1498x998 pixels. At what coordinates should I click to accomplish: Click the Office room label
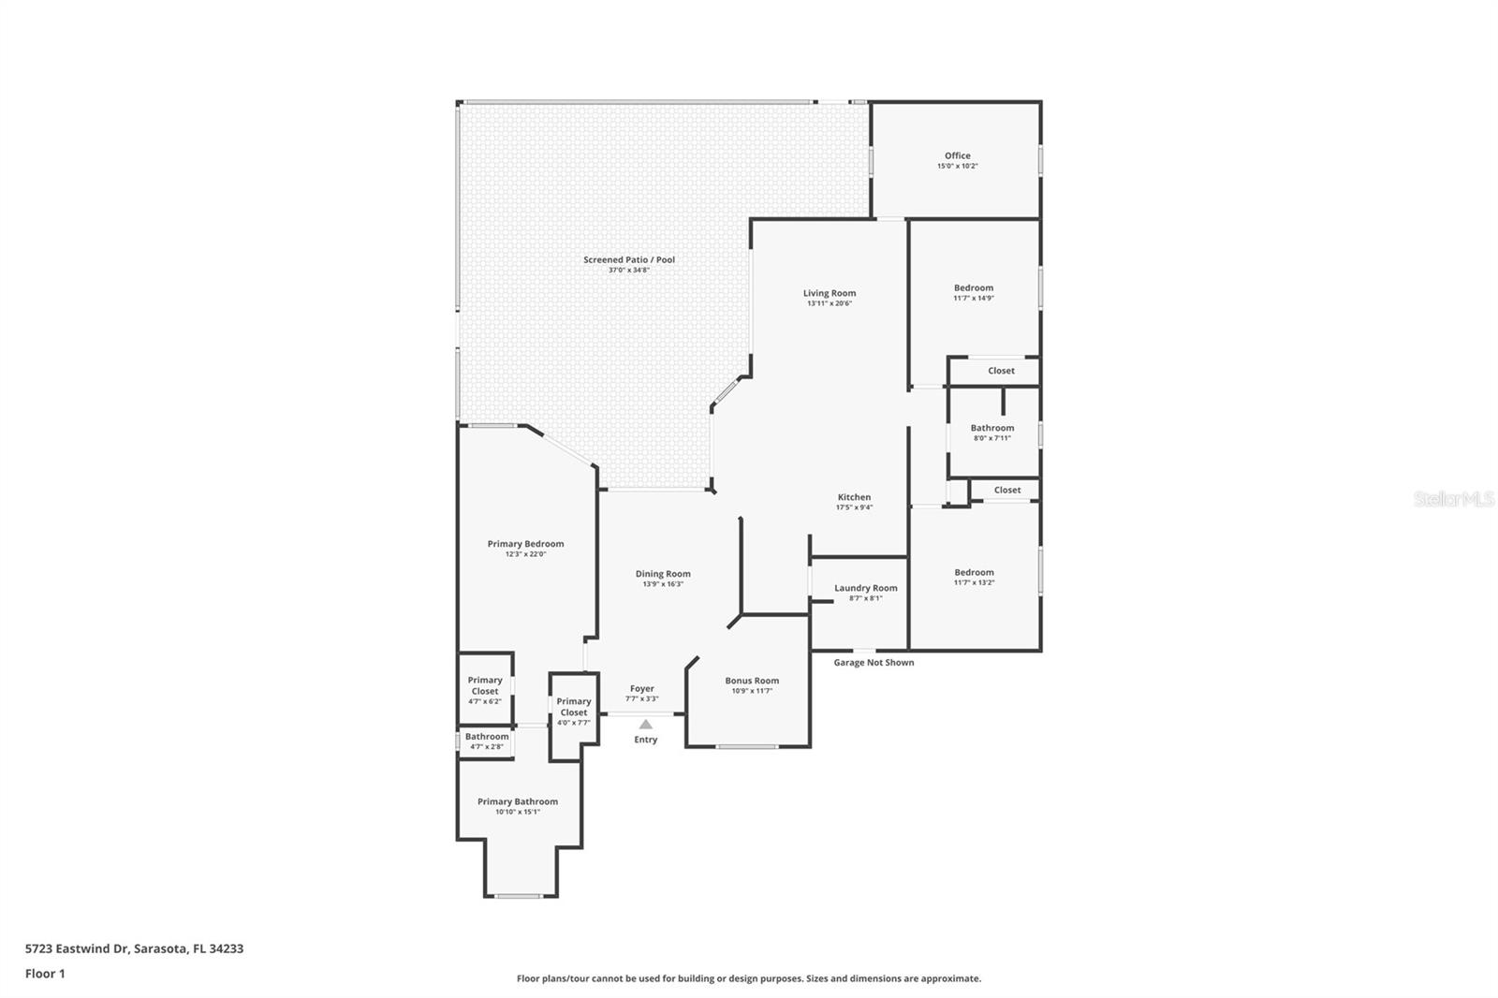point(957,156)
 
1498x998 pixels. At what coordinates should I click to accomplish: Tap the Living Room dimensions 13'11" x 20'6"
point(829,303)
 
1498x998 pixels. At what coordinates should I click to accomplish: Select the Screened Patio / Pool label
point(628,259)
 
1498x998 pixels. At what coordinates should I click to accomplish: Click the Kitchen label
point(854,497)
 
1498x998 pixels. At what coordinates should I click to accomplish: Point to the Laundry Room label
point(865,588)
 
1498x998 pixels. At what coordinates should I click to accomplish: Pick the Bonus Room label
point(752,681)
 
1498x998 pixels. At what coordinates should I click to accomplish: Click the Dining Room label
point(663,574)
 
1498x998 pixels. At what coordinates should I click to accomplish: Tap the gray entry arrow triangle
point(645,724)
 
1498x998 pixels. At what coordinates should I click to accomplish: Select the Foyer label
point(641,689)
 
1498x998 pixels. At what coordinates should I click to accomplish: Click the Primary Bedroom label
point(525,544)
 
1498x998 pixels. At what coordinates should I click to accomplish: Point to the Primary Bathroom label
point(517,801)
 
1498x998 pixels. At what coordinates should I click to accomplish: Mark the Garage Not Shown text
point(874,662)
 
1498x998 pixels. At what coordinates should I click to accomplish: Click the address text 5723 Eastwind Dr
point(134,948)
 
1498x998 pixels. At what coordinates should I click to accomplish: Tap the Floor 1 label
point(45,974)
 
